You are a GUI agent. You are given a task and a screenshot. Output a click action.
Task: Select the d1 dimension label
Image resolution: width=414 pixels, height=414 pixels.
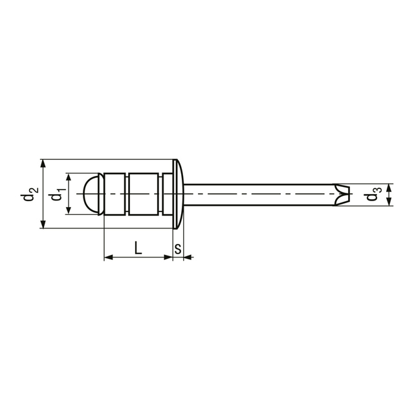point(57,193)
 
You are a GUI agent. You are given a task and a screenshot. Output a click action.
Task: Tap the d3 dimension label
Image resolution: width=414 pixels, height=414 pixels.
point(373,195)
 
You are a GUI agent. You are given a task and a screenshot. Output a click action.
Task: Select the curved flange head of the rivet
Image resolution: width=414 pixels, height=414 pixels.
point(179,193)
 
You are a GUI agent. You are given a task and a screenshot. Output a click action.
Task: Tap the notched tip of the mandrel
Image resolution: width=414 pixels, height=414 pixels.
point(341,193)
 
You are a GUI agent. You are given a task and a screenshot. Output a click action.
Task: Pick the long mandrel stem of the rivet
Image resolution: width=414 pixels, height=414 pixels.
point(259,193)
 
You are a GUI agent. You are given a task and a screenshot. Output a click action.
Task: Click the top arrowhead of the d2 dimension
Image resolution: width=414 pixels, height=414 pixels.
point(43,163)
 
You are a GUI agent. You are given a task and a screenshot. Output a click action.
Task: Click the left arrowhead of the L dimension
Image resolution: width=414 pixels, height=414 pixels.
point(108,257)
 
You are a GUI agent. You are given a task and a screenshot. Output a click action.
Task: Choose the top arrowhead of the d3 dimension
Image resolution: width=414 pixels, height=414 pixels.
point(389,188)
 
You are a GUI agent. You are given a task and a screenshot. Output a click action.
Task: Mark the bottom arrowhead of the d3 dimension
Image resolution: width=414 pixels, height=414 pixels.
point(389,202)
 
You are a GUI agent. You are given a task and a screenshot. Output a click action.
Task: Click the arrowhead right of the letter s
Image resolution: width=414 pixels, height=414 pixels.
point(188,257)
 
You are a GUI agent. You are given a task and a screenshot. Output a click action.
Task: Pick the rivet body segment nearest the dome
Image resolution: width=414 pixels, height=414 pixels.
point(114,193)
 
